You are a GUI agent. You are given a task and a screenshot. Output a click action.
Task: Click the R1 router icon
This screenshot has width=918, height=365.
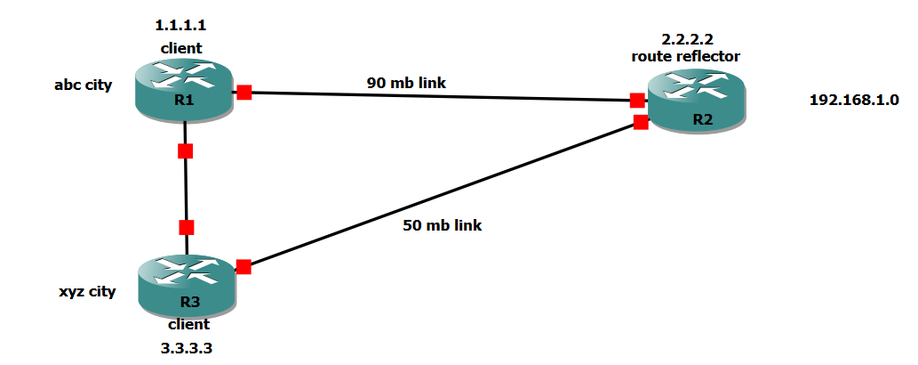[x=185, y=89]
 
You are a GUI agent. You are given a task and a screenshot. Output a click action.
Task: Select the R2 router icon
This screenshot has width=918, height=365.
[x=697, y=103]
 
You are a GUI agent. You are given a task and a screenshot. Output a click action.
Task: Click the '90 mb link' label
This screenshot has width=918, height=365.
[x=406, y=83]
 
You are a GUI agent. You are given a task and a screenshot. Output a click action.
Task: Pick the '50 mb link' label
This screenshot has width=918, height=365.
[x=442, y=225]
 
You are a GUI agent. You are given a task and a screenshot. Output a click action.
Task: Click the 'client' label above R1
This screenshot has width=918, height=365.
[x=181, y=47]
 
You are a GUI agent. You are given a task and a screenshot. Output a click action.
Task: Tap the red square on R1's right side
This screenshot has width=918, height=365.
[x=244, y=92]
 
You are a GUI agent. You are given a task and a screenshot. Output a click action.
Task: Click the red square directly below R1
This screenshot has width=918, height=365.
[x=185, y=150]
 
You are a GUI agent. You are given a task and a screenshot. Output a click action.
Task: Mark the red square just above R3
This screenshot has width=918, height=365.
[x=186, y=227]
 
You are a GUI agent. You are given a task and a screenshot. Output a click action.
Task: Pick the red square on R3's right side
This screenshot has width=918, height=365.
[x=243, y=266]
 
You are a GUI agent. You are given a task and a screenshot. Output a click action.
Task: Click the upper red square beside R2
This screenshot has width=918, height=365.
[x=636, y=100]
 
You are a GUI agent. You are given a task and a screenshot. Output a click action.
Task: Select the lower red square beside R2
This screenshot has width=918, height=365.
[x=641, y=122]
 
